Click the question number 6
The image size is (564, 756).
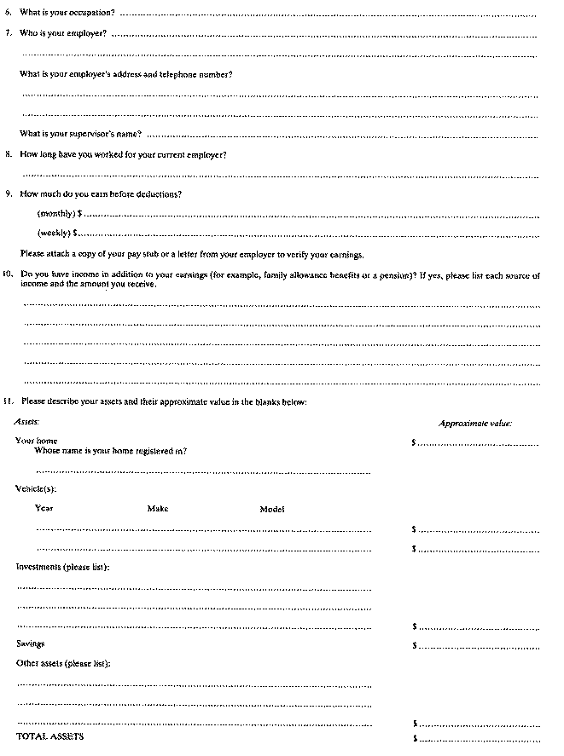tap(8, 14)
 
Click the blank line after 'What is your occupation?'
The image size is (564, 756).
tap(329, 15)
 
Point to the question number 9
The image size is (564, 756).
tap(8, 193)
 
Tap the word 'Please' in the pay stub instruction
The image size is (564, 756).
tap(31, 255)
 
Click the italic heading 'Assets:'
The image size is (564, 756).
tap(27, 422)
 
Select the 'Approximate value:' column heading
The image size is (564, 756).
tap(474, 423)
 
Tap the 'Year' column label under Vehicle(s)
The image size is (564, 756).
tap(44, 509)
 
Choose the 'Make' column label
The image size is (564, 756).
tap(158, 509)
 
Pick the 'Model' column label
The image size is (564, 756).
tap(272, 509)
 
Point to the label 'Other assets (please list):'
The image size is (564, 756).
tap(63, 663)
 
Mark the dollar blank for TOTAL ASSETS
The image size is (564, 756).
tap(478, 737)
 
